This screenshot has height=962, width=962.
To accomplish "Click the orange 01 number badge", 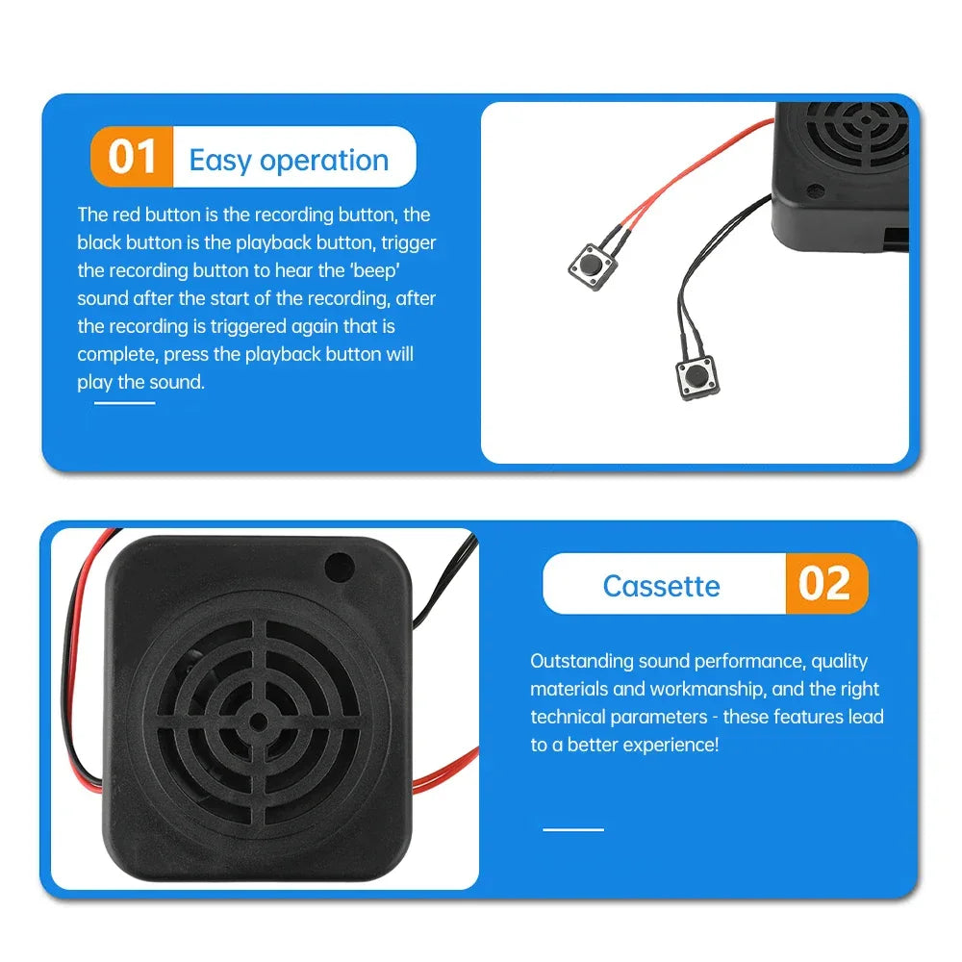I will [x=132, y=157].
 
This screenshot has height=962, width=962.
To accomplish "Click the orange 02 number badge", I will [x=825, y=584].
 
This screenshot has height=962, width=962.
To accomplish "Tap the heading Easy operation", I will [x=289, y=160].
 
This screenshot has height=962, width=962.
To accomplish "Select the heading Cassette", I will [x=661, y=586].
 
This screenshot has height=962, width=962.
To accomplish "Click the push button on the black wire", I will [x=696, y=376].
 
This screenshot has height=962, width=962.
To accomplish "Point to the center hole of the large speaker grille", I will [x=259, y=720].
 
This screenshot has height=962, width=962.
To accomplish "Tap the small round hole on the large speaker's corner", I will [x=339, y=568].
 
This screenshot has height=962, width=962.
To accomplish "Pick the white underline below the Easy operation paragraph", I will [x=124, y=403].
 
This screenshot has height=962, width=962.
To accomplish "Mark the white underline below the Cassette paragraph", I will [x=573, y=829].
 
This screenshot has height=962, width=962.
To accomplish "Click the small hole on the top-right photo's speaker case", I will [x=815, y=190].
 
